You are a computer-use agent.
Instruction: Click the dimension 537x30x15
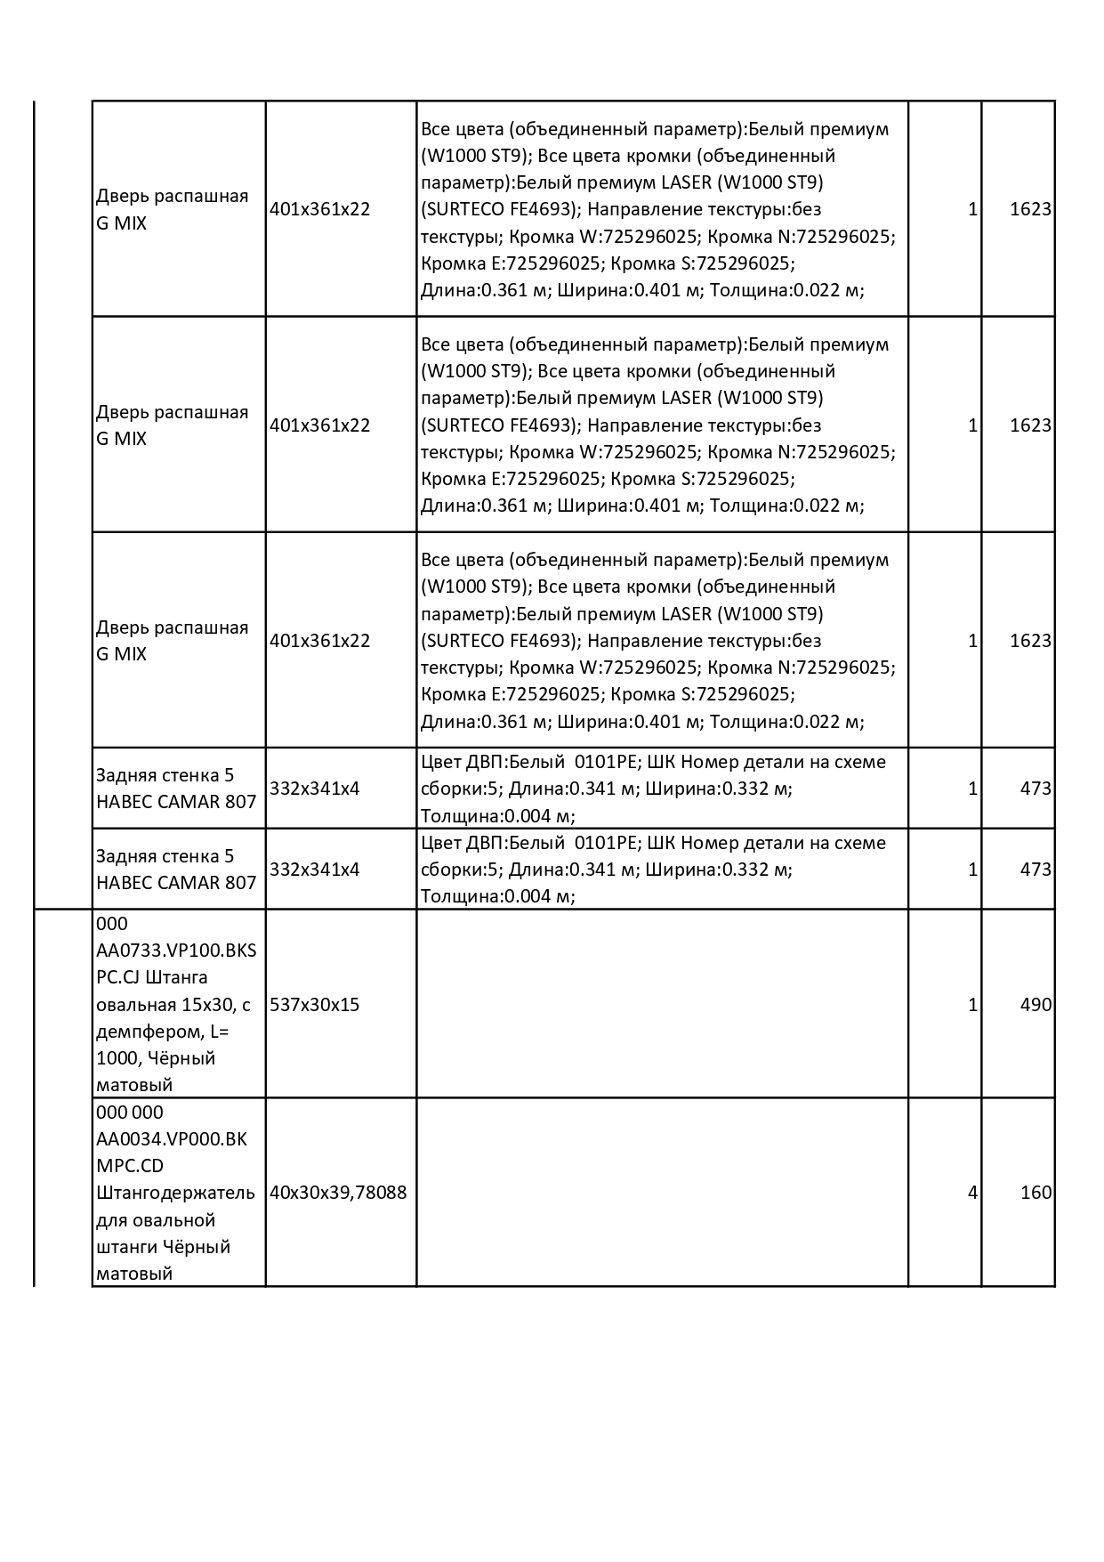tap(314, 1004)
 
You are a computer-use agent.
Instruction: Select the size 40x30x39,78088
tap(338, 1192)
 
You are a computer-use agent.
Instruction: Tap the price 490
tap(1036, 1004)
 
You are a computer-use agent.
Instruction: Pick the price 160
tap(1036, 1192)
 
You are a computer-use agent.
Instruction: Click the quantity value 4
tap(972, 1192)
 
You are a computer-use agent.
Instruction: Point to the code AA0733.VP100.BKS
tap(176, 950)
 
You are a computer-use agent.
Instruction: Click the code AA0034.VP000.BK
tap(172, 1138)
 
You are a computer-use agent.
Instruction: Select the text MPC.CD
tap(130, 1165)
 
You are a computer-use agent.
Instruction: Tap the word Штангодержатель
tap(175, 1192)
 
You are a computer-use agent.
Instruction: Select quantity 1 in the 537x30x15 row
tap(972, 1004)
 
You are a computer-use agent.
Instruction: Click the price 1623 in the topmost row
tap(1030, 209)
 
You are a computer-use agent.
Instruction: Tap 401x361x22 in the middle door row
tap(319, 425)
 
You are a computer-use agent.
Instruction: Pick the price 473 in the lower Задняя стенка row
tap(1036, 869)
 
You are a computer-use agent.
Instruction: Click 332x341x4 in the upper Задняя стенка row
tap(314, 788)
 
